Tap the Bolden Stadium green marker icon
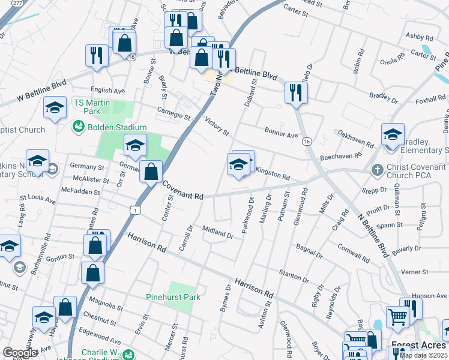click(x=78, y=127)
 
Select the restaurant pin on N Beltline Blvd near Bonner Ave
click(x=296, y=92)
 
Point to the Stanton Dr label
click(x=294, y=275)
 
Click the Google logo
click(x=20, y=353)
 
